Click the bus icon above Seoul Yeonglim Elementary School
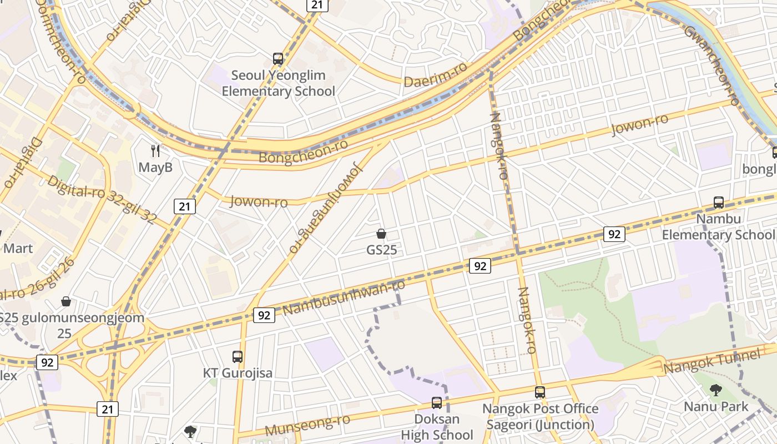(278, 58)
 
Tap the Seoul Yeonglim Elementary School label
(278, 83)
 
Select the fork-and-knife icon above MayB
(155, 150)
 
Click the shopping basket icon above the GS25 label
(381, 234)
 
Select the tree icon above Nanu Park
(715, 390)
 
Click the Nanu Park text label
(715, 407)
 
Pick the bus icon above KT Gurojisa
(238, 356)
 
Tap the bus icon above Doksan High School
(437, 402)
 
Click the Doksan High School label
(437, 427)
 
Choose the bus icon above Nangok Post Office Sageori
(540, 392)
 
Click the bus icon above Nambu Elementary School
(719, 203)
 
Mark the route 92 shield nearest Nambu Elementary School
(614, 234)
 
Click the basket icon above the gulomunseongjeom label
(66, 301)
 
